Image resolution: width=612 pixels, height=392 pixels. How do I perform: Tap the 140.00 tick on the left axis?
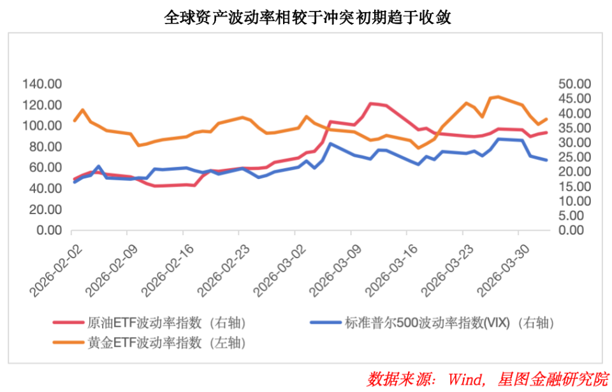[x=41, y=84]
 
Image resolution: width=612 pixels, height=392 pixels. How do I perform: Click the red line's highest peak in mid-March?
[x=371, y=103]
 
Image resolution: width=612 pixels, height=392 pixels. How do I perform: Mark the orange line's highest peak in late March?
[x=498, y=96]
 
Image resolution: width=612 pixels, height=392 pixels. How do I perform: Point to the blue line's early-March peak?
[x=330, y=143]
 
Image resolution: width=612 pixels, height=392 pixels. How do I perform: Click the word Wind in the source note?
[x=463, y=379]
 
